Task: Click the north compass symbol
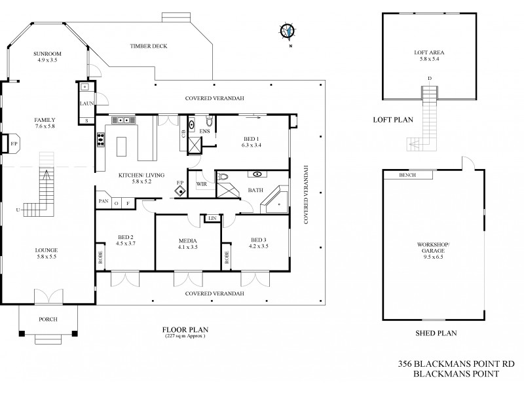click(287, 30)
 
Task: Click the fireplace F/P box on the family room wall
click(12, 141)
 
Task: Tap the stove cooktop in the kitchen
click(102, 138)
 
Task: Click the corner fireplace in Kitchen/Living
click(180, 191)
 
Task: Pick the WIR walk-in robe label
click(201, 184)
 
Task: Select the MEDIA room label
click(187, 240)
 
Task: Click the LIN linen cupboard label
click(212, 217)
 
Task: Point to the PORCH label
click(48, 319)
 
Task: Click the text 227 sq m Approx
click(185, 336)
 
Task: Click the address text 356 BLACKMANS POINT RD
click(448, 362)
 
